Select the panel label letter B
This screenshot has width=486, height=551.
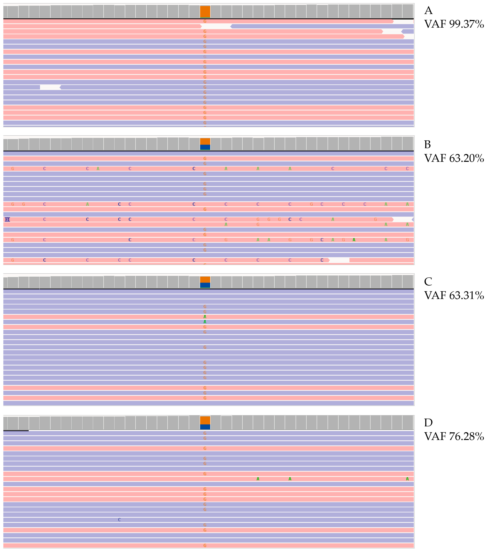tap(427, 145)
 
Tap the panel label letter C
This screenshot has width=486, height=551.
tap(428, 282)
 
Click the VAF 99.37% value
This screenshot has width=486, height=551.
tap(454, 24)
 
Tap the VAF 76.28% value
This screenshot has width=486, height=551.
tap(454, 436)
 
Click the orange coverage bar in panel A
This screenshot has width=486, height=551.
tap(205, 12)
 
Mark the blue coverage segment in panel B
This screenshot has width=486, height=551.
tap(205, 147)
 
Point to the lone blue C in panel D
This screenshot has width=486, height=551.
tap(119, 520)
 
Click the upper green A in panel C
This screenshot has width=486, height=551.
tap(205, 317)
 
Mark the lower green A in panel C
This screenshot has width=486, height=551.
tap(205, 322)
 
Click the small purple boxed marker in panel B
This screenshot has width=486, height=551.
tap(7, 219)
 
